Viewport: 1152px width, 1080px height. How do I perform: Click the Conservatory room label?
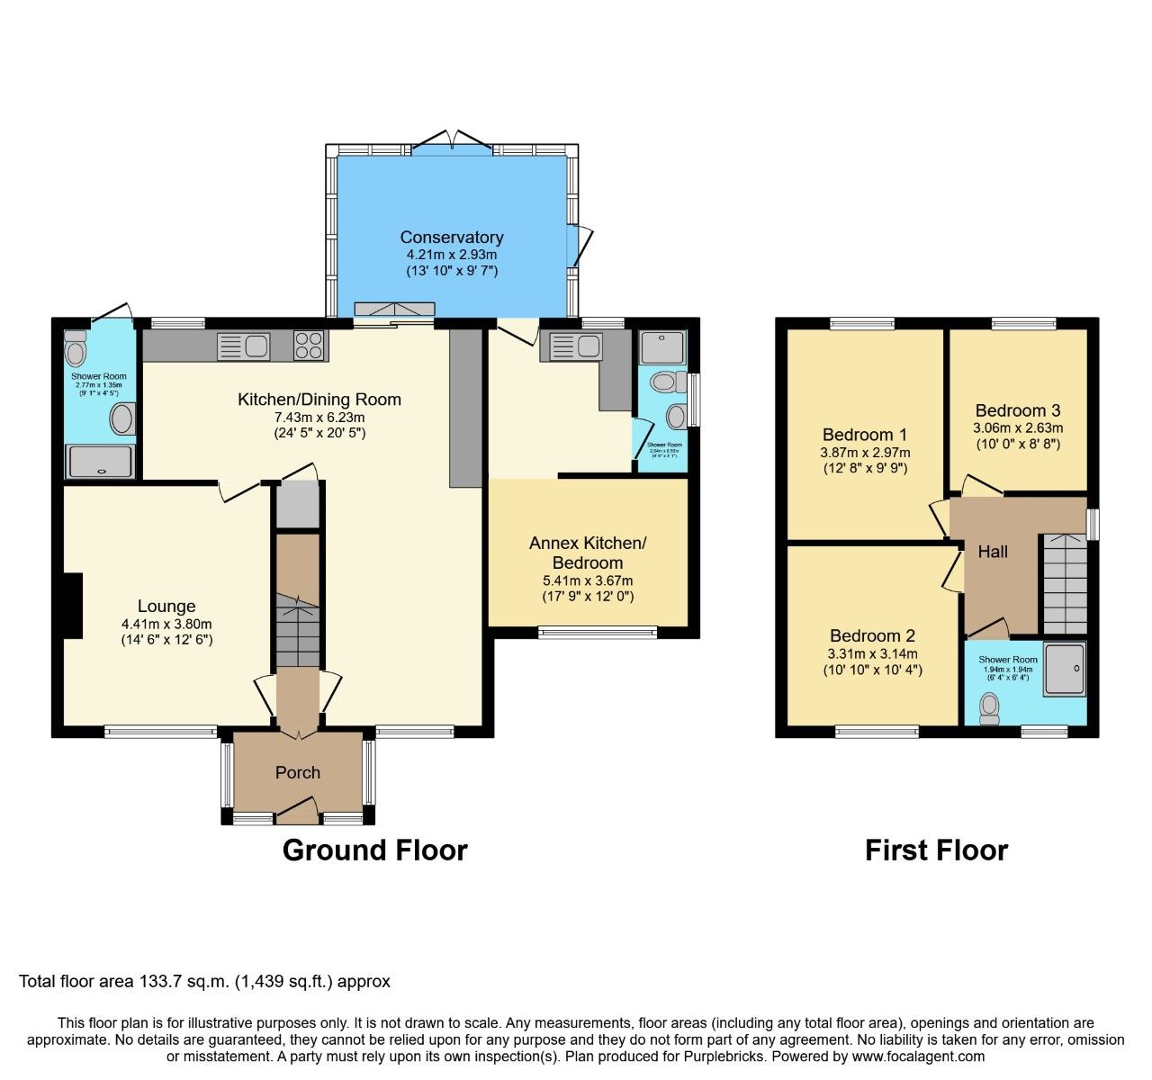pyautogui.click(x=451, y=238)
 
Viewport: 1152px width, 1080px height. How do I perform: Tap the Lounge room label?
pyautogui.click(x=166, y=607)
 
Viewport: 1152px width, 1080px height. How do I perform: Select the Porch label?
pyautogui.click(x=297, y=772)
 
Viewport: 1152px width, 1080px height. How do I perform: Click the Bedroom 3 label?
pyautogui.click(x=1017, y=410)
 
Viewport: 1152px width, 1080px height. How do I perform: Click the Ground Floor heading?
pyautogui.click(x=374, y=850)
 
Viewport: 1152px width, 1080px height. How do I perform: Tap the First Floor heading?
pyautogui.click(x=936, y=850)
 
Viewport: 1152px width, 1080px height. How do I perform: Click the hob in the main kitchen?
pyautogui.click(x=310, y=346)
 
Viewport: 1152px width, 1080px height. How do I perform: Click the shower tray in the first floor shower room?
pyautogui.click(x=1065, y=669)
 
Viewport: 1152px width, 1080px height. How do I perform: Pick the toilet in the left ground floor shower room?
pyautogui.click(x=76, y=348)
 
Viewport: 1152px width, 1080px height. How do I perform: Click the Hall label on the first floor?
pyautogui.click(x=993, y=552)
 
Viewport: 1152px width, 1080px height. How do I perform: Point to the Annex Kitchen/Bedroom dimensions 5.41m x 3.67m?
pyautogui.click(x=587, y=580)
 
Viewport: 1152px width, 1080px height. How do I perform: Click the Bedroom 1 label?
pyautogui.click(x=864, y=435)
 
